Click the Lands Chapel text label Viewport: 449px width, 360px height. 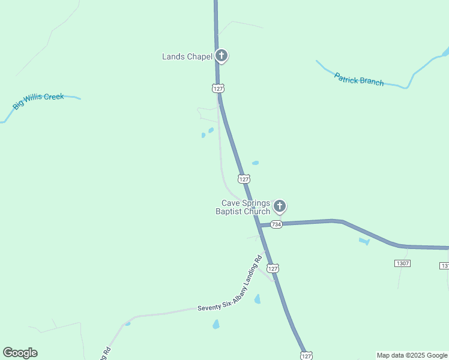pyautogui.click(x=187, y=57)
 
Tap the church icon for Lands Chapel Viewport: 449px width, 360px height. pyautogui.click(x=221, y=56)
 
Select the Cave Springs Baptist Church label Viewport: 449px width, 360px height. pyautogui.click(x=243, y=207)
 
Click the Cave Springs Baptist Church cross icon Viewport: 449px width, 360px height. pyautogui.click(x=279, y=207)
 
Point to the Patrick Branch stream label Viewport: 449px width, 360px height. pyautogui.click(x=359, y=79)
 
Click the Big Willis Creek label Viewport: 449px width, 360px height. pyautogui.click(x=38, y=100)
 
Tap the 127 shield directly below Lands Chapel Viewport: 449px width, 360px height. pyautogui.click(x=218, y=88)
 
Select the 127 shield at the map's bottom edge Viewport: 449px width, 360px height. pyautogui.click(x=306, y=356)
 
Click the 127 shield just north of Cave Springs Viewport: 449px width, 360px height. pyautogui.click(x=244, y=179)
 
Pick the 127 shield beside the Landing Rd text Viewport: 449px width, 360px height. pyautogui.click(x=273, y=268)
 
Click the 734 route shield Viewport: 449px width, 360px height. pyautogui.click(x=276, y=224)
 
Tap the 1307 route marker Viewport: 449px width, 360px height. pyautogui.click(x=402, y=263)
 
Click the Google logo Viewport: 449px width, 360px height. pyautogui.click(x=20, y=353)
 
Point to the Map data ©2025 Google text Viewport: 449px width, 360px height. pyautogui.click(x=412, y=355)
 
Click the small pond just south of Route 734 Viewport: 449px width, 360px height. pyautogui.click(x=364, y=241)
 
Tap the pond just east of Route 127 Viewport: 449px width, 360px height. pyautogui.click(x=256, y=163)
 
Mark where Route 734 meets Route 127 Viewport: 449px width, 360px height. pyautogui.click(x=259, y=225)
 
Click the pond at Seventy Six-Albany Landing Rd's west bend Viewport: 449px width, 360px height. pyautogui.click(x=127, y=323)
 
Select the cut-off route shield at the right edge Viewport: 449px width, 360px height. pyautogui.click(x=445, y=265)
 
